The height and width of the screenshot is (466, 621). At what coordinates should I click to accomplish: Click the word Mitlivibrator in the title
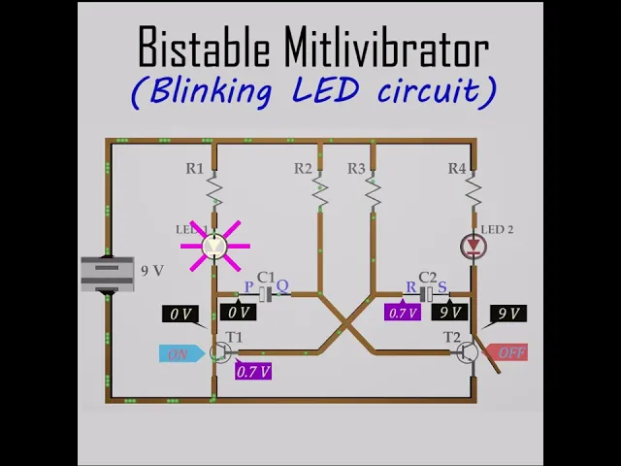point(386,48)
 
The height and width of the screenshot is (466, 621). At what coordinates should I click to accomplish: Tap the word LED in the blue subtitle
point(325,89)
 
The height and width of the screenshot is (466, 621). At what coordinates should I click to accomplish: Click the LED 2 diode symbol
point(474,246)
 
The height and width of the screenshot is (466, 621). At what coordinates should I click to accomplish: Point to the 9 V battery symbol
point(107,273)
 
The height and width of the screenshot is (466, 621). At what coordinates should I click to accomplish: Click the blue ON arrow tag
point(180,354)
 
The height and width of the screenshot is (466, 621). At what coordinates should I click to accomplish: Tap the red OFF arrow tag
point(508,352)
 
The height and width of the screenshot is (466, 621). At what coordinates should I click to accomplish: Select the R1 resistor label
point(195,169)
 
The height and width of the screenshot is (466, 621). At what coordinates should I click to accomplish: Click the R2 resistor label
point(304,169)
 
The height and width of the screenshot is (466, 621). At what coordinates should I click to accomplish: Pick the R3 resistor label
point(356,169)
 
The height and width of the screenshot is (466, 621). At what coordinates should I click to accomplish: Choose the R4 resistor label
point(456,169)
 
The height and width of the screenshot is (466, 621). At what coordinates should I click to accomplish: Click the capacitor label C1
point(266,277)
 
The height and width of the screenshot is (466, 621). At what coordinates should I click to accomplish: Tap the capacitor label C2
point(427,277)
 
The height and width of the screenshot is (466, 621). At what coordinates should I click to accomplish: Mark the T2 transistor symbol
point(468,351)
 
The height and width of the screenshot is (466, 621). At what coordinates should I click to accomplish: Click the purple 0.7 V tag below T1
point(253,371)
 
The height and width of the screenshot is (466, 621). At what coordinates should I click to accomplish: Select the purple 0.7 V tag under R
point(403,312)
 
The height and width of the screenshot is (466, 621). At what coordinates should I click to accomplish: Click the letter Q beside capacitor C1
point(282,286)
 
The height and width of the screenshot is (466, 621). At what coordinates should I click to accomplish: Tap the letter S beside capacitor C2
point(442,286)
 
